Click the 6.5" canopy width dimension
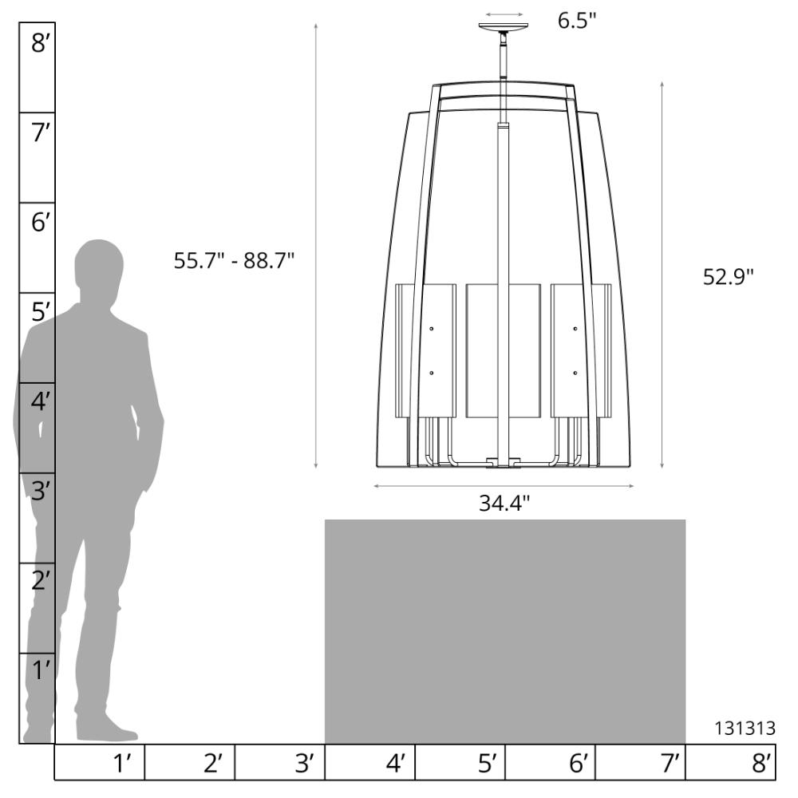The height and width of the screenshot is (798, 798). pyautogui.click(x=577, y=21)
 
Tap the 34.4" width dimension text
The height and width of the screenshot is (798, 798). pyautogui.click(x=504, y=504)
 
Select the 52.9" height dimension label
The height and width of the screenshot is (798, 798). pyautogui.click(x=728, y=277)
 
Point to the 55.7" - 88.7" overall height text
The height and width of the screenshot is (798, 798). pyautogui.click(x=234, y=261)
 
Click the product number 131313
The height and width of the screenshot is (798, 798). pyautogui.click(x=745, y=729)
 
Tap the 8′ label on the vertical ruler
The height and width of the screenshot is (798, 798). pyautogui.click(x=40, y=43)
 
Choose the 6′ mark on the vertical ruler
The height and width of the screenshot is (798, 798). pyautogui.click(x=40, y=223)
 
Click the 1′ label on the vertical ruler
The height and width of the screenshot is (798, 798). pyautogui.click(x=41, y=670)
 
